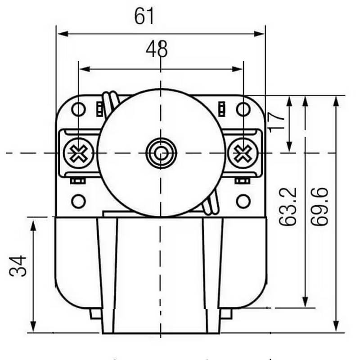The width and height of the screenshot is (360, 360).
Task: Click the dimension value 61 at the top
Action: pos(144,17)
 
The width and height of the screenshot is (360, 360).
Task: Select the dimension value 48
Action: pos(157,49)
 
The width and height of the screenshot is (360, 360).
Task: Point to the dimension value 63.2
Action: pos(288,207)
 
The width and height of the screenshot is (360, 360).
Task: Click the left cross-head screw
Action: pos(78,153)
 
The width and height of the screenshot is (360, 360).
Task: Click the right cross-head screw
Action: pos(243,153)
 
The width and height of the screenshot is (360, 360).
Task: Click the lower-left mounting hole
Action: pos(78,201)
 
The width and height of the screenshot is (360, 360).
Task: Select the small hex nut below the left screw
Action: pos(77,181)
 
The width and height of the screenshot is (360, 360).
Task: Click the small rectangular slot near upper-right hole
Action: pos(221,108)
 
